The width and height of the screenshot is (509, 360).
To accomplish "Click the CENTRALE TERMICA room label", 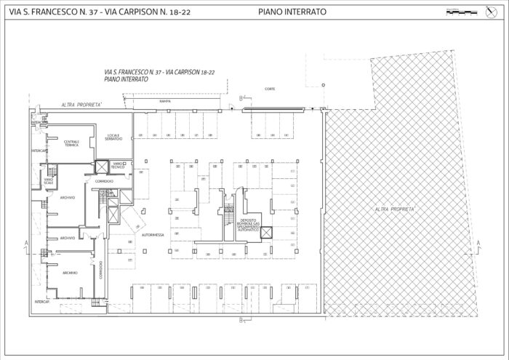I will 71,143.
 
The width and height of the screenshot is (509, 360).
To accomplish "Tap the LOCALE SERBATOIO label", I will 113,137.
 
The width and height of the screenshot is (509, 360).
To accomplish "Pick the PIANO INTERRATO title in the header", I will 292,12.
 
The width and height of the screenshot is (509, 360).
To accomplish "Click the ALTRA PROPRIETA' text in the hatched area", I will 396,209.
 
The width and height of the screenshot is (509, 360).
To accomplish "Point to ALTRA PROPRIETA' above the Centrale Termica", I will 81,105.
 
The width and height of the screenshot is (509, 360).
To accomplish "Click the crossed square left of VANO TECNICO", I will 102,167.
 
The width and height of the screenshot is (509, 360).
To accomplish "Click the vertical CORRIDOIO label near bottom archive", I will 102,269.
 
